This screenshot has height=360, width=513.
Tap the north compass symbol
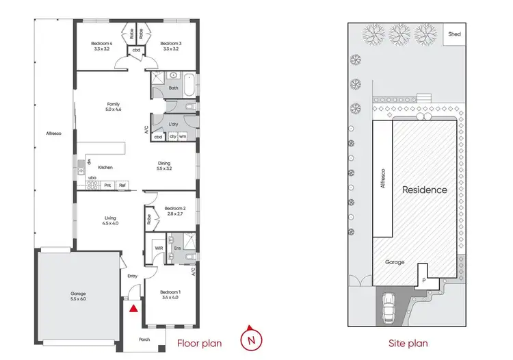pyautogui.click(x=252, y=337)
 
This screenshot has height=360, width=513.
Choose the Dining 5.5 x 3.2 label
pyautogui.click(x=164, y=166)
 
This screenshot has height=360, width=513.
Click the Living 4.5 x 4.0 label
pyautogui.click(x=110, y=220)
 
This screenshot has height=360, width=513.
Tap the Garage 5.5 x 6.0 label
pyautogui.click(x=79, y=296)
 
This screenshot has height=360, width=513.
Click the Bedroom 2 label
pyautogui.click(x=175, y=211)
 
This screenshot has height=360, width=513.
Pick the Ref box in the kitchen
pyautogui.click(x=122, y=185)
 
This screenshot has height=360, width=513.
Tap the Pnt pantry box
pyautogui.click(x=107, y=185)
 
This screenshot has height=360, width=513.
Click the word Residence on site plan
pyautogui.click(x=424, y=190)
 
